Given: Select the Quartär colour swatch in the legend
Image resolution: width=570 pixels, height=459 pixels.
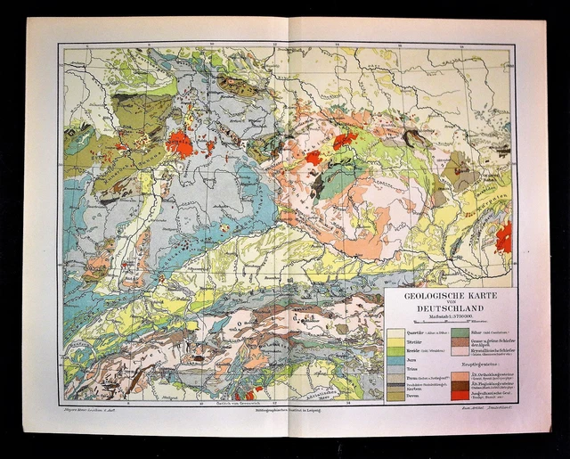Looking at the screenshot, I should point(396,332).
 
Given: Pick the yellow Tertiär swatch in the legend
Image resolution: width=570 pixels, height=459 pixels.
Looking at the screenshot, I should point(396,341).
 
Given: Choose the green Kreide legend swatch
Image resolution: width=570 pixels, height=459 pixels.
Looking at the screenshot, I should point(396,351).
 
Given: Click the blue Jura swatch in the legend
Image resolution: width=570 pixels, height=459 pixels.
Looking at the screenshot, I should point(396,361).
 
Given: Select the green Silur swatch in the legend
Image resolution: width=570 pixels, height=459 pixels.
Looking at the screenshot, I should point(459,332).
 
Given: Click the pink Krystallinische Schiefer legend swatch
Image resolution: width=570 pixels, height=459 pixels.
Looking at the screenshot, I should point(459,351).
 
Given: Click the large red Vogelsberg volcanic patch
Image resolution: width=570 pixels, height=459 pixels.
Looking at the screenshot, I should point(181,143).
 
